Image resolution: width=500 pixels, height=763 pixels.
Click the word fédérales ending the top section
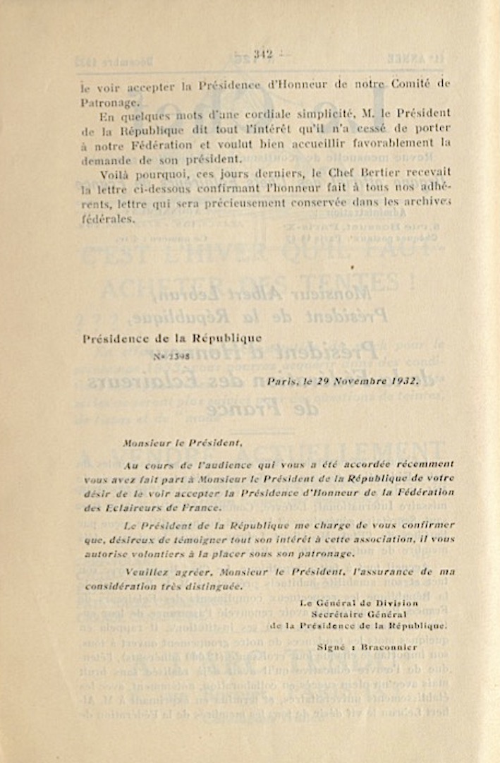[x=106, y=219]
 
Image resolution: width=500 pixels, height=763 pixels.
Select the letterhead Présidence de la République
[x=172, y=338]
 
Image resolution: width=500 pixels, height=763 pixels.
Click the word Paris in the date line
[x=282, y=381]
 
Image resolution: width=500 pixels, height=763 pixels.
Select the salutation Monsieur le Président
[x=182, y=444]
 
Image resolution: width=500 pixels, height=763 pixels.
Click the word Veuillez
[x=145, y=572]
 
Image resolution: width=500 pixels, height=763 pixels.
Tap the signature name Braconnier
[x=389, y=647]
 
